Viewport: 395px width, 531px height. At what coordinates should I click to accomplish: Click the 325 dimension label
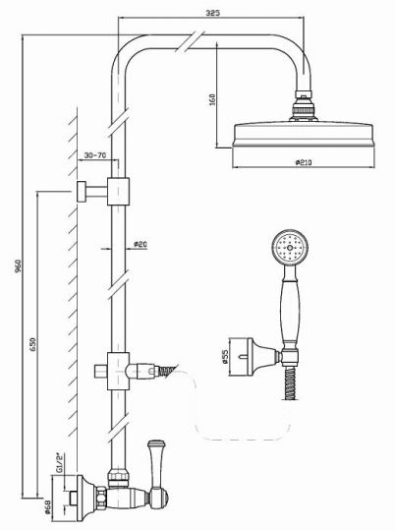212,13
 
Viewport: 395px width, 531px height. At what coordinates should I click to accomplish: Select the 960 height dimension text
18,266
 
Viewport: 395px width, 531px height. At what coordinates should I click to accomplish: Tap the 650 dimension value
32,344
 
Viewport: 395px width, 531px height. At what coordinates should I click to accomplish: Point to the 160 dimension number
212,99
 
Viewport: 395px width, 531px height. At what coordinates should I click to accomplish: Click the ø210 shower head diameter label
304,162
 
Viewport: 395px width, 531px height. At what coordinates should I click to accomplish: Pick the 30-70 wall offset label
95,155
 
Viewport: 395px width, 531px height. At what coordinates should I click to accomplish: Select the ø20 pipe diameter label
141,244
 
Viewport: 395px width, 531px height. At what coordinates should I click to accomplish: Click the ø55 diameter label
225,357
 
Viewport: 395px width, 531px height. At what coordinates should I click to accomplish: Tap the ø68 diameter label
48,506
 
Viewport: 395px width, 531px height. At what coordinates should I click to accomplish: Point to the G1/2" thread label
60,463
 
